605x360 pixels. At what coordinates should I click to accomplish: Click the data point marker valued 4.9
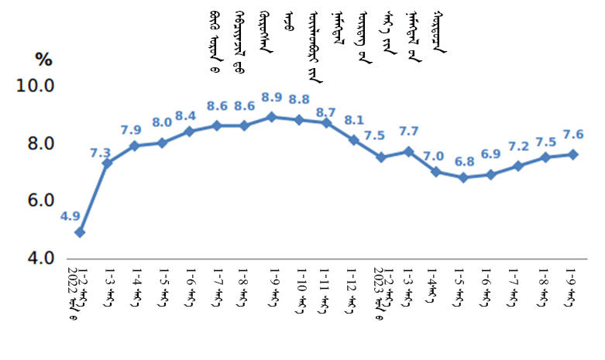coord(80,232)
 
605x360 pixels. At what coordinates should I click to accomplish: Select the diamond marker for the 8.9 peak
coord(271,117)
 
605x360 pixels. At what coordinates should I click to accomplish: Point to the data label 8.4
coord(186,116)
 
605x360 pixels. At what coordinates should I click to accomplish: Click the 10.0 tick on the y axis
coord(36,87)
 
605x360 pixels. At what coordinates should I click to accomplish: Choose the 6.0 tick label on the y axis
coord(36,201)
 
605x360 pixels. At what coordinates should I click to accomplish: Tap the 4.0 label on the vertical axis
coord(36,258)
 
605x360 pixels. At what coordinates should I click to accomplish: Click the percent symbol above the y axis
coord(43,59)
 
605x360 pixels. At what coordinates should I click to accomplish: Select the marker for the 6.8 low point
coord(463,177)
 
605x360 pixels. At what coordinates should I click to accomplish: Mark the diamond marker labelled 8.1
coord(353,140)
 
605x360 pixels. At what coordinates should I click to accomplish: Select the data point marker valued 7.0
coord(436,172)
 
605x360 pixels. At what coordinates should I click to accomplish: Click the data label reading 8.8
coord(300,100)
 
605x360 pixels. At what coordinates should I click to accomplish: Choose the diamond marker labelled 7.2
coord(518,166)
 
